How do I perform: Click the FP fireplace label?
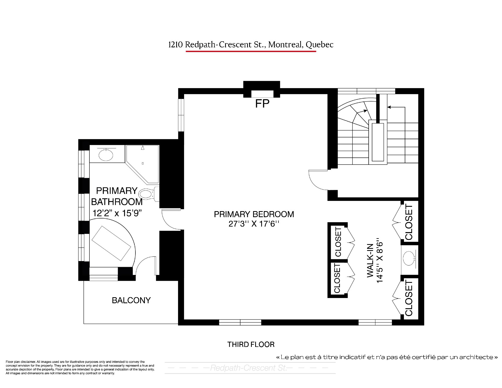pyautogui.click(x=262, y=104)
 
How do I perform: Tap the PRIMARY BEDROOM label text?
pyautogui.click(x=254, y=214)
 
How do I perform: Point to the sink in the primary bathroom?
pyautogui.click(x=106, y=155)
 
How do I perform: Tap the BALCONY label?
pyautogui.click(x=131, y=300)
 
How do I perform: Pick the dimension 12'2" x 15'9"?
pyautogui.click(x=117, y=213)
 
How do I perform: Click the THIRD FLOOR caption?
pyautogui.click(x=251, y=344)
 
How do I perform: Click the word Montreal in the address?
pyautogui.click(x=285, y=45)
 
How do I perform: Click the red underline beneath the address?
pyautogui.click(x=251, y=51)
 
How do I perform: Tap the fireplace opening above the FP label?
pyautogui.click(x=262, y=94)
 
